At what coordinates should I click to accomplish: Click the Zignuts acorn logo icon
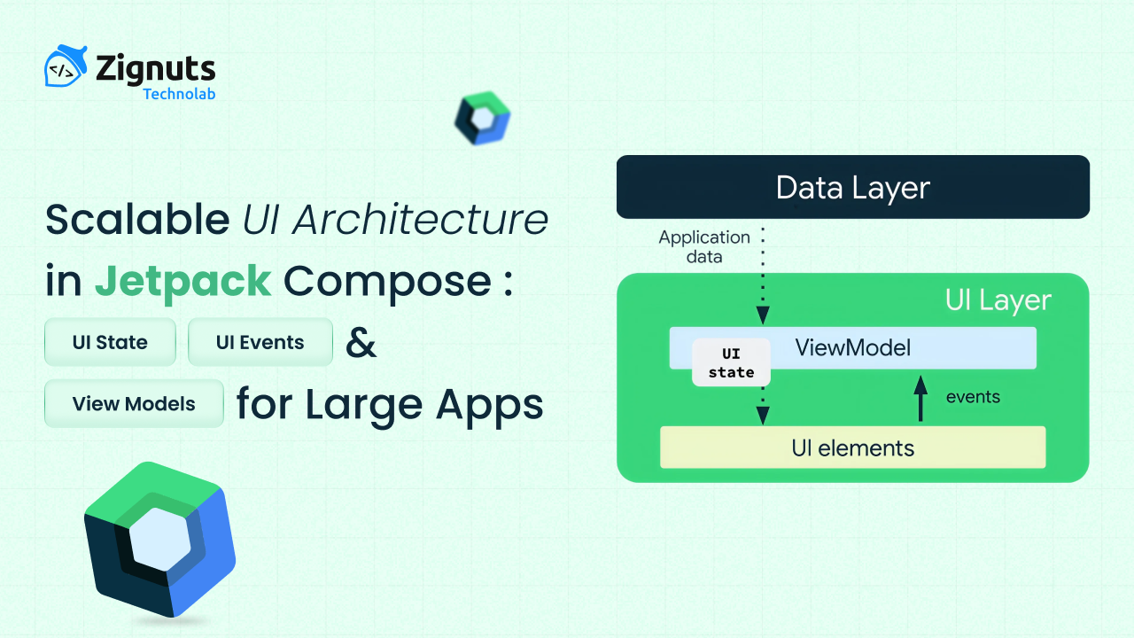click(66, 68)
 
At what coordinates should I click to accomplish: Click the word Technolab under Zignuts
click(179, 94)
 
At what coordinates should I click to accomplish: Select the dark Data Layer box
click(852, 187)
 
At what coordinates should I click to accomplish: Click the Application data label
click(703, 247)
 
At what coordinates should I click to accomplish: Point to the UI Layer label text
click(998, 300)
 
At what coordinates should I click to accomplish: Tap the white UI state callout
click(731, 363)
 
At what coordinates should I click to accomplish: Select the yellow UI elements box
click(852, 447)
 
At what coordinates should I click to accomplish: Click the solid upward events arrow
click(920, 398)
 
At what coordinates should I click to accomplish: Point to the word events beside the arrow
click(973, 397)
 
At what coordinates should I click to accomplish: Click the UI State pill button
click(110, 343)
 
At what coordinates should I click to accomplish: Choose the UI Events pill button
click(260, 343)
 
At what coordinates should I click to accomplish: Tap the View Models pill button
click(134, 404)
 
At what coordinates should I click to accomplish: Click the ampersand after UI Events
click(361, 342)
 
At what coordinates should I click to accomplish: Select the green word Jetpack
click(183, 282)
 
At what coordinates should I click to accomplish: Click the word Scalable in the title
click(138, 219)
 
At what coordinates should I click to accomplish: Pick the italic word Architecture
click(420, 219)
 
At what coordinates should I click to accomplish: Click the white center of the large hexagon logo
click(159, 539)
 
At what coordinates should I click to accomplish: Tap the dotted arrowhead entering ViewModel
click(763, 315)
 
